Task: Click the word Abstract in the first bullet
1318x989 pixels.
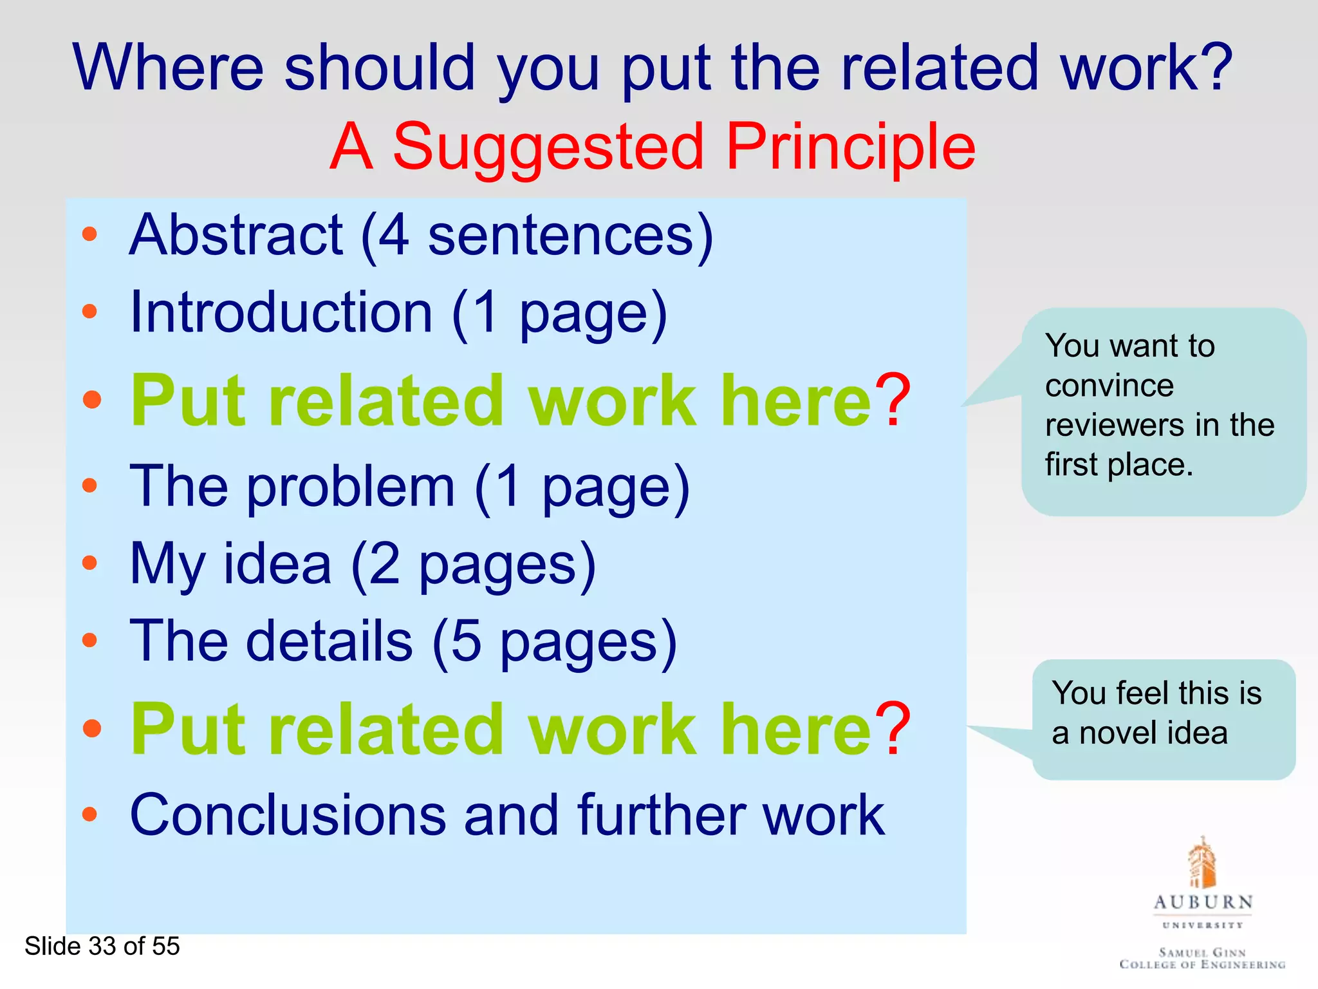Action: pos(236,236)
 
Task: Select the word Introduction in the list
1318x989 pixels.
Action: pos(281,313)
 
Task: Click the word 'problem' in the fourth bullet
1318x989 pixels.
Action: pos(351,488)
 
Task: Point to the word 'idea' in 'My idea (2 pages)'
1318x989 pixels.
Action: pos(277,564)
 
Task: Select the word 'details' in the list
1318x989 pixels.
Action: pos(329,641)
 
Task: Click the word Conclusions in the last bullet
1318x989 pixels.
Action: pos(288,815)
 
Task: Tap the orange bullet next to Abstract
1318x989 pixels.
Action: pos(90,234)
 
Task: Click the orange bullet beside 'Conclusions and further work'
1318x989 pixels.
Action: pos(90,814)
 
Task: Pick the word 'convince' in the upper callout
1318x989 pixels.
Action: pos(1109,386)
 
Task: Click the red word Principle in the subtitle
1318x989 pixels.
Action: pos(851,147)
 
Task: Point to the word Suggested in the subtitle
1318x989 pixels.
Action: pos(548,148)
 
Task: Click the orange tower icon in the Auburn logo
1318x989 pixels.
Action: pos(1202,863)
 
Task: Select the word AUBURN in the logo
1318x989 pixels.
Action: pos(1203,902)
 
